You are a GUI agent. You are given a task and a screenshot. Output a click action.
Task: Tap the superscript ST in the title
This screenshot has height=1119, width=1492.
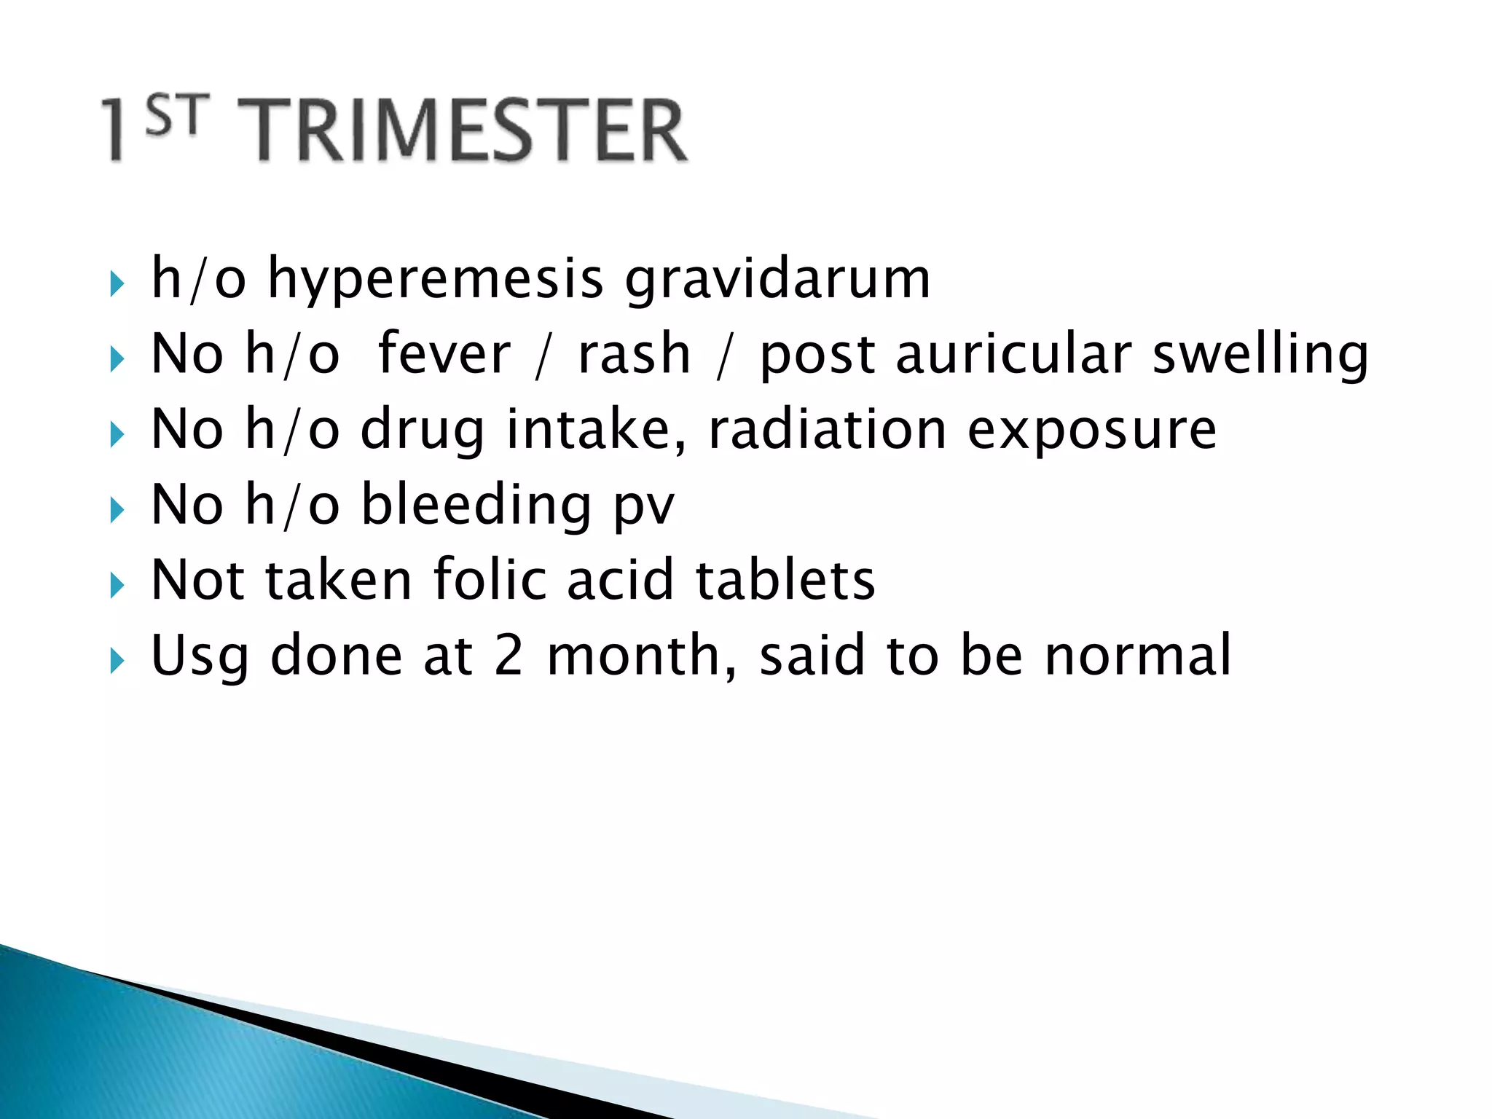[x=177, y=117]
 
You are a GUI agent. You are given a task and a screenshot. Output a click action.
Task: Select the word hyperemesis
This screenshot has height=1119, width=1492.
[x=436, y=280]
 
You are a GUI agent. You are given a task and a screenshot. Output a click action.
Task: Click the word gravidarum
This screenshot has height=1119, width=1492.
[x=777, y=280]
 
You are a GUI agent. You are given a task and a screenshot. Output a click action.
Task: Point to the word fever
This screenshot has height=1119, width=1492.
[x=444, y=355]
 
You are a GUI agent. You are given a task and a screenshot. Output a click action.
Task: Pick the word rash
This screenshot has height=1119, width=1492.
[x=634, y=355]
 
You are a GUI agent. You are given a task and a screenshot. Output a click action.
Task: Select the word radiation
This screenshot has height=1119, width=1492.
[x=828, y=430]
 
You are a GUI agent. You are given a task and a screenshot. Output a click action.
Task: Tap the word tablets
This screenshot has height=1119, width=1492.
[x=785, y=580]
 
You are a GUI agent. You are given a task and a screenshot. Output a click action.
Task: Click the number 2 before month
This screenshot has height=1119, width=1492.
[x=508, y=656]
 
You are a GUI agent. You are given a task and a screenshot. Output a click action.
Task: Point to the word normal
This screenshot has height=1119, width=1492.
[x=1137, y=656]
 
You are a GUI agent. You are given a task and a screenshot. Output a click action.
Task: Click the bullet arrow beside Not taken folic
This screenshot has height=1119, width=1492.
[x=117, y=585]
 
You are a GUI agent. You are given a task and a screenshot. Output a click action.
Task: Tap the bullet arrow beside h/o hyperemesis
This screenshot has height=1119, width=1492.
[x=117, y=284]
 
